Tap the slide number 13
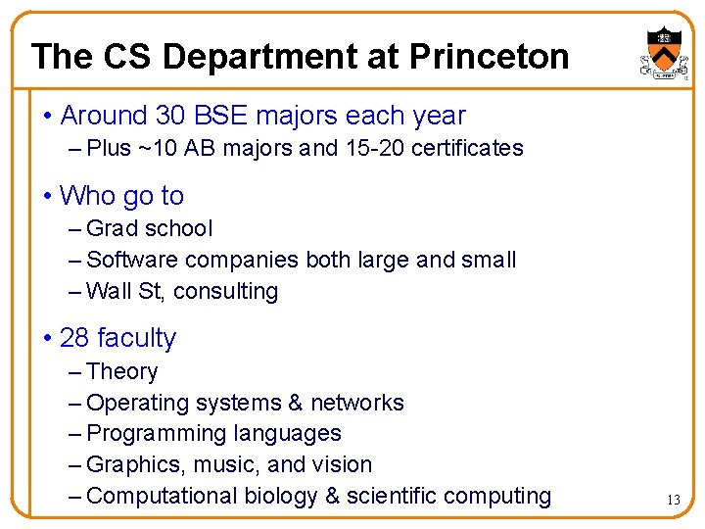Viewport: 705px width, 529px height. (673, 500)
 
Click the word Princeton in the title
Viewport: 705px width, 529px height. (490, 57)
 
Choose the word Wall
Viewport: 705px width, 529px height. (108, 292)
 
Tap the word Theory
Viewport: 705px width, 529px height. (121, 372)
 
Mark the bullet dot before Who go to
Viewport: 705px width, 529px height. (48, 197)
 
